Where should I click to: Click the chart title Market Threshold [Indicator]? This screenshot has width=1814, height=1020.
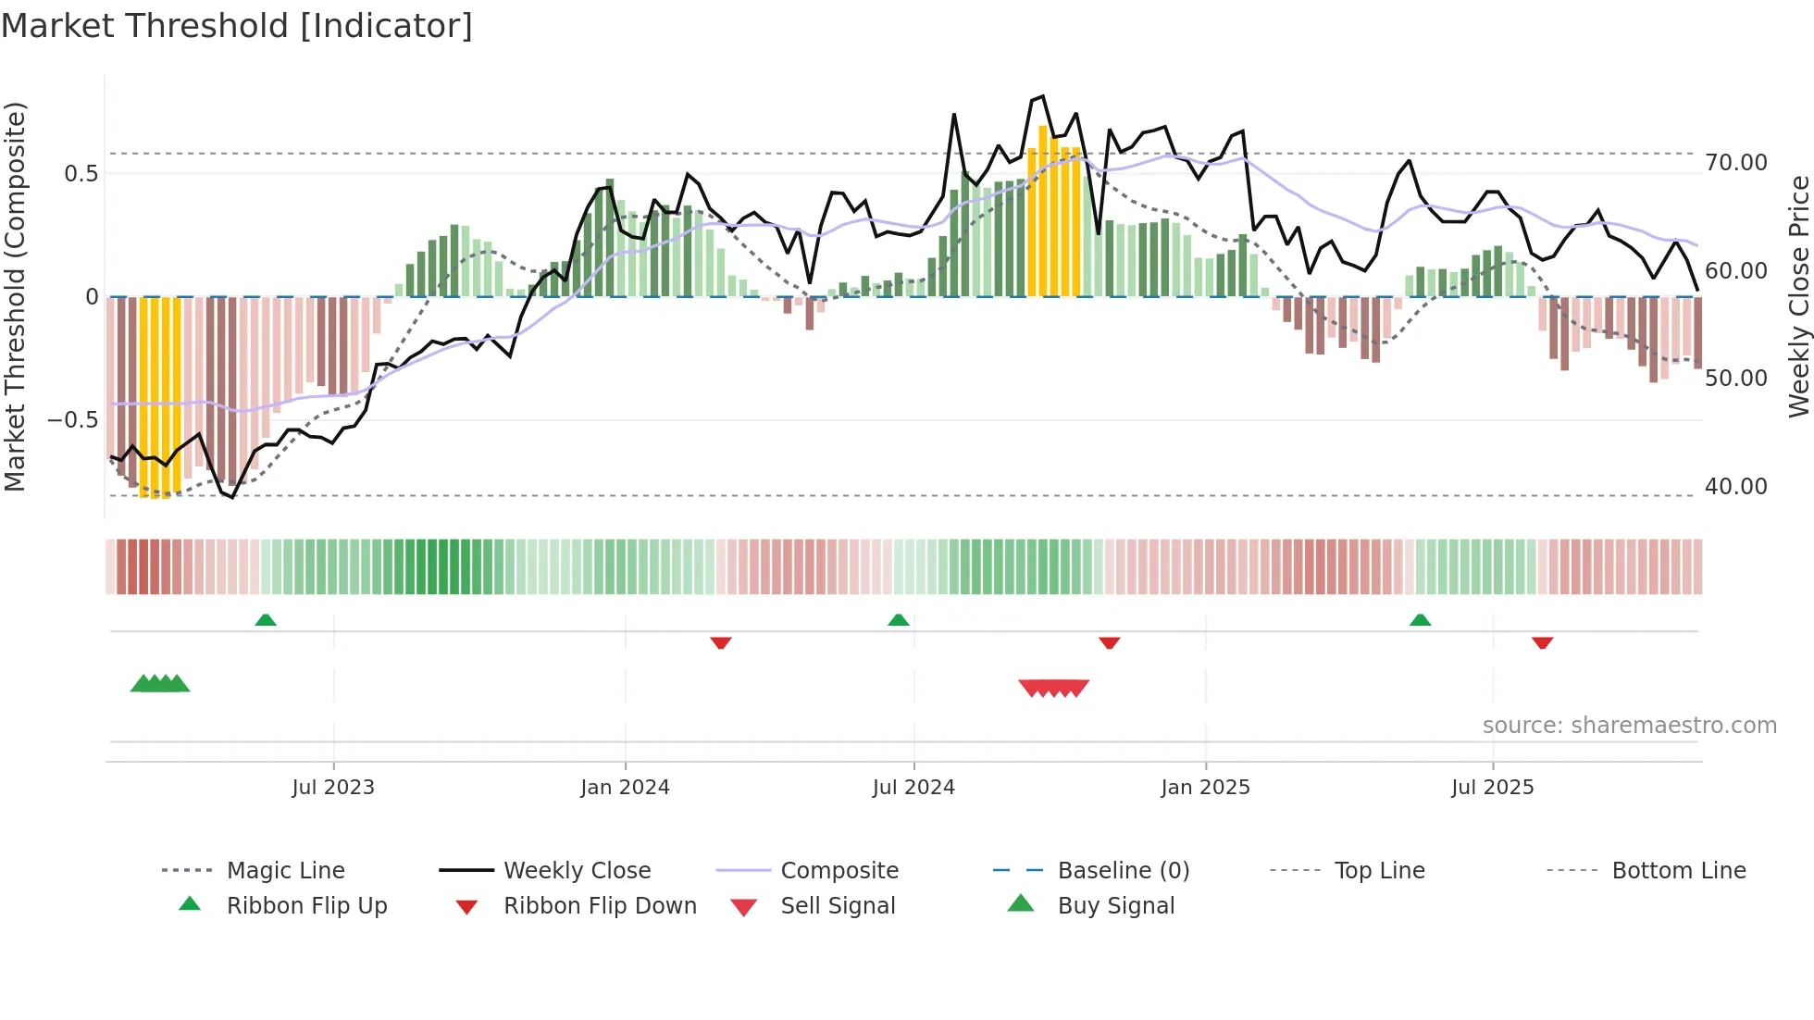point(237,26)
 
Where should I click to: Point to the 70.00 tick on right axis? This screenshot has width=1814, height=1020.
point(1735,163)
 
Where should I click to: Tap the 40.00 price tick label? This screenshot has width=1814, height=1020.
point(1735,487)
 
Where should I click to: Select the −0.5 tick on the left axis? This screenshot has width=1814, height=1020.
point(72,420)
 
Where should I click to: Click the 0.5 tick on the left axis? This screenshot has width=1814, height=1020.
point(81,174)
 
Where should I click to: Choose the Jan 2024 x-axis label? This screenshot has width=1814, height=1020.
point(625,788)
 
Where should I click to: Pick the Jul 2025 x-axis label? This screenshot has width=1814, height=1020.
point(1492,788)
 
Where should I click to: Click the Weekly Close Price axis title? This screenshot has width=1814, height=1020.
point(1797,296)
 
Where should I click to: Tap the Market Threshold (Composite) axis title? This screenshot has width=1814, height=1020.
point(15,296)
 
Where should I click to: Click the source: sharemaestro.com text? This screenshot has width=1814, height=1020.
point(1629,726)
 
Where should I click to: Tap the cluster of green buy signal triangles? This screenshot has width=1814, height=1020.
point(160,684)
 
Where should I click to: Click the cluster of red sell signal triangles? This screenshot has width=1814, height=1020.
point(1053,688)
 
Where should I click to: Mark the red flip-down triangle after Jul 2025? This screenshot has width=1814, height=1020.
point(1542,642)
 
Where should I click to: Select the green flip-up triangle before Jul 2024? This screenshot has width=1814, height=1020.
point(898,620)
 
